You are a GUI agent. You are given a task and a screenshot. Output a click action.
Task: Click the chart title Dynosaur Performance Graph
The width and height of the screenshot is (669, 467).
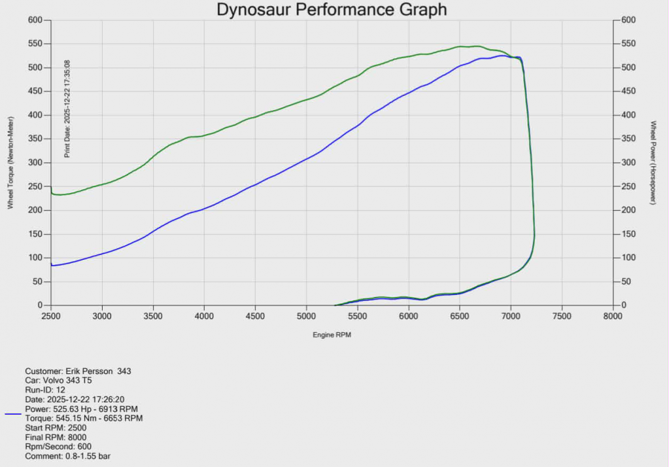point(332,9)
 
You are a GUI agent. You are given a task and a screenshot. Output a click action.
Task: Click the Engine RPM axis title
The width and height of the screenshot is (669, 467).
point(332,334)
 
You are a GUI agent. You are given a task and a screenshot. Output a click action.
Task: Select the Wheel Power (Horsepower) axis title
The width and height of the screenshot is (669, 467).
point(653,162)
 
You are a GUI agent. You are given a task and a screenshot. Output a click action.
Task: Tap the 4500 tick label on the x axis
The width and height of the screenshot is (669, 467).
point(255,316)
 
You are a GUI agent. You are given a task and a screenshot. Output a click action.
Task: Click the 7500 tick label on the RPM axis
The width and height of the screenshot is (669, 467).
point(562,316)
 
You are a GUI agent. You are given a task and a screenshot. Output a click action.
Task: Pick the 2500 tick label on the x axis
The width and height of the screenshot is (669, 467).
point(51,316)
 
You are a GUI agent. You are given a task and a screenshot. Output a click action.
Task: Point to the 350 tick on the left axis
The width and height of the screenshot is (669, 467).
point(35,139)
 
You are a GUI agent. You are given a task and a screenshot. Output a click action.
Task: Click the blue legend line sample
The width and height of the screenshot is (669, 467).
point(13,414)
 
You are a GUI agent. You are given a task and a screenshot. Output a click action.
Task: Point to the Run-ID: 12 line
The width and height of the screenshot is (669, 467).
point(44,390)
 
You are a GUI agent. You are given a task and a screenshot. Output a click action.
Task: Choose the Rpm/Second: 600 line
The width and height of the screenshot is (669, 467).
point(58,447)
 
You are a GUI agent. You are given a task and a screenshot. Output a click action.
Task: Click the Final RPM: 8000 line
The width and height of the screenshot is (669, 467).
point(56,437)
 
